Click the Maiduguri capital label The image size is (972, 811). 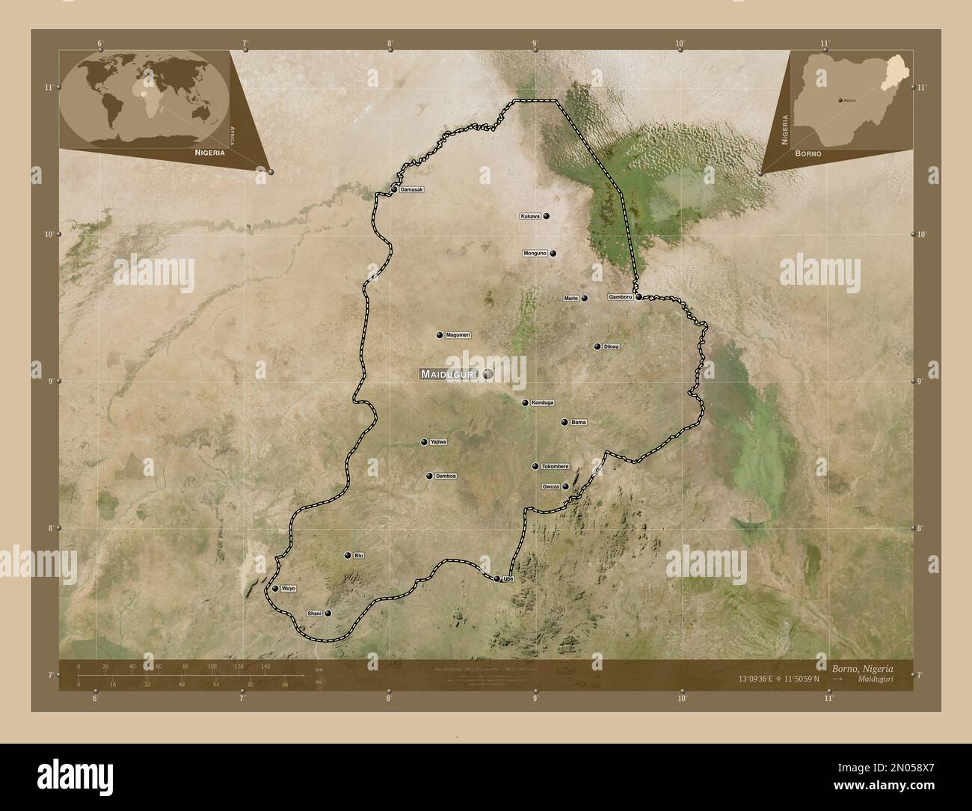tap(449, 373)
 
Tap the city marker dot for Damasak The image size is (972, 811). tap(394, 190)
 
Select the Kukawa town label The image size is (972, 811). tap(530, 216)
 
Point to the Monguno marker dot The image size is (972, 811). tap(553, 254)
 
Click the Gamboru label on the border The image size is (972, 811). tap(621, 297)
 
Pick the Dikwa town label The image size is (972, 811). tap(612, 346)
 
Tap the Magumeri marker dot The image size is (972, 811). tap(440, 335)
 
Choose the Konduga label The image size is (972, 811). tap(543, 403)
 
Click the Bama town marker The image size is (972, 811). tap(565, 422)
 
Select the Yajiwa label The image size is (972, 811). tap(438, 442)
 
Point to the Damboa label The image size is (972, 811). tap(446, 476)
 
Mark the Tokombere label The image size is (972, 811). tap(555, 466)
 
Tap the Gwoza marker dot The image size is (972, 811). tap(566, 486)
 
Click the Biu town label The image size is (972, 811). tap(359, 555)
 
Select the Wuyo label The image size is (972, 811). tap(289, 589)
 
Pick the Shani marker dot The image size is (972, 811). tap(327, 613)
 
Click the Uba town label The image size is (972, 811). tap(509, 578)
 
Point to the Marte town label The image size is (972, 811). tap(571, 298)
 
